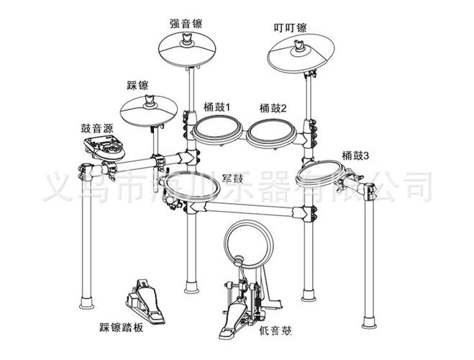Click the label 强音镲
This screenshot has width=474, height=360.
click(186, 22)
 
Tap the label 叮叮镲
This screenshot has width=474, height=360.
click(291, 28)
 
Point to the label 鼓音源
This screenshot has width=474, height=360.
click(96, 128)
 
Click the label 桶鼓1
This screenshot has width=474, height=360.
click(216, 106)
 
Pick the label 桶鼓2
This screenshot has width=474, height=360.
click(273, 108)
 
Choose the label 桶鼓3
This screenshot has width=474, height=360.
click(355, 153)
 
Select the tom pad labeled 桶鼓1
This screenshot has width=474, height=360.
click(218, 132)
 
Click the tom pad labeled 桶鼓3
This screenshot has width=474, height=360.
click(319, 175)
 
